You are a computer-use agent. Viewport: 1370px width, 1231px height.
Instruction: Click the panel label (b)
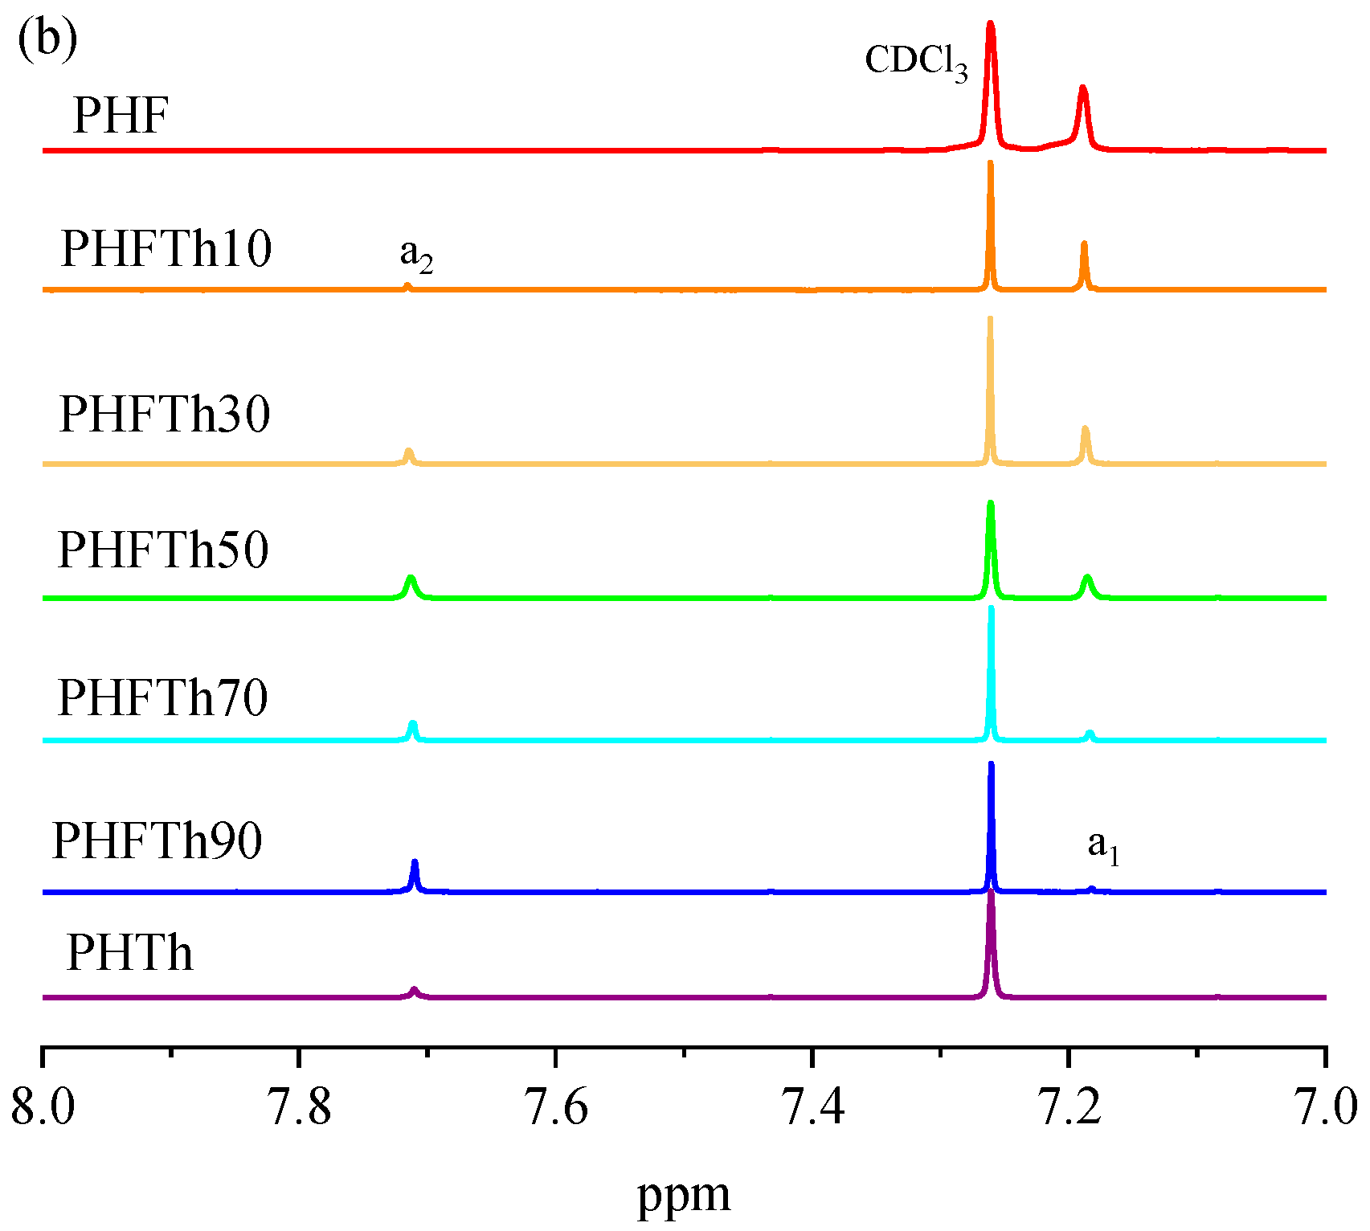(47, 39)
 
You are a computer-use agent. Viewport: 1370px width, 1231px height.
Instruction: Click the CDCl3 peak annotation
(916, 61)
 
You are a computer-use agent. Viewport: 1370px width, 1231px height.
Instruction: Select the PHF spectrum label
(121, 116)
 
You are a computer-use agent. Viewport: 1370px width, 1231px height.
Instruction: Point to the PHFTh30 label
(165, 415)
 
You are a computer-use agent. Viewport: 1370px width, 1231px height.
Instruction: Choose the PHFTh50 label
(163, 550)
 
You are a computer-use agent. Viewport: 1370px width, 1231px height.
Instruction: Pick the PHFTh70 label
(163, 697)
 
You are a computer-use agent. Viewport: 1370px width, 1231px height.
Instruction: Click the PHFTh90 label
(157, 841)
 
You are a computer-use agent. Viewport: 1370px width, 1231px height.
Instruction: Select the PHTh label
(130, 954)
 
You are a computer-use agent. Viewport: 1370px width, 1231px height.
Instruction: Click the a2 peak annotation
(416, 256)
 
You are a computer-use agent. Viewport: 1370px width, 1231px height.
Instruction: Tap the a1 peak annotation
(1103, 846)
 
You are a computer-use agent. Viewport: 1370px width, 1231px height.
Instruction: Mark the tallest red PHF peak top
(990, 26)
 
